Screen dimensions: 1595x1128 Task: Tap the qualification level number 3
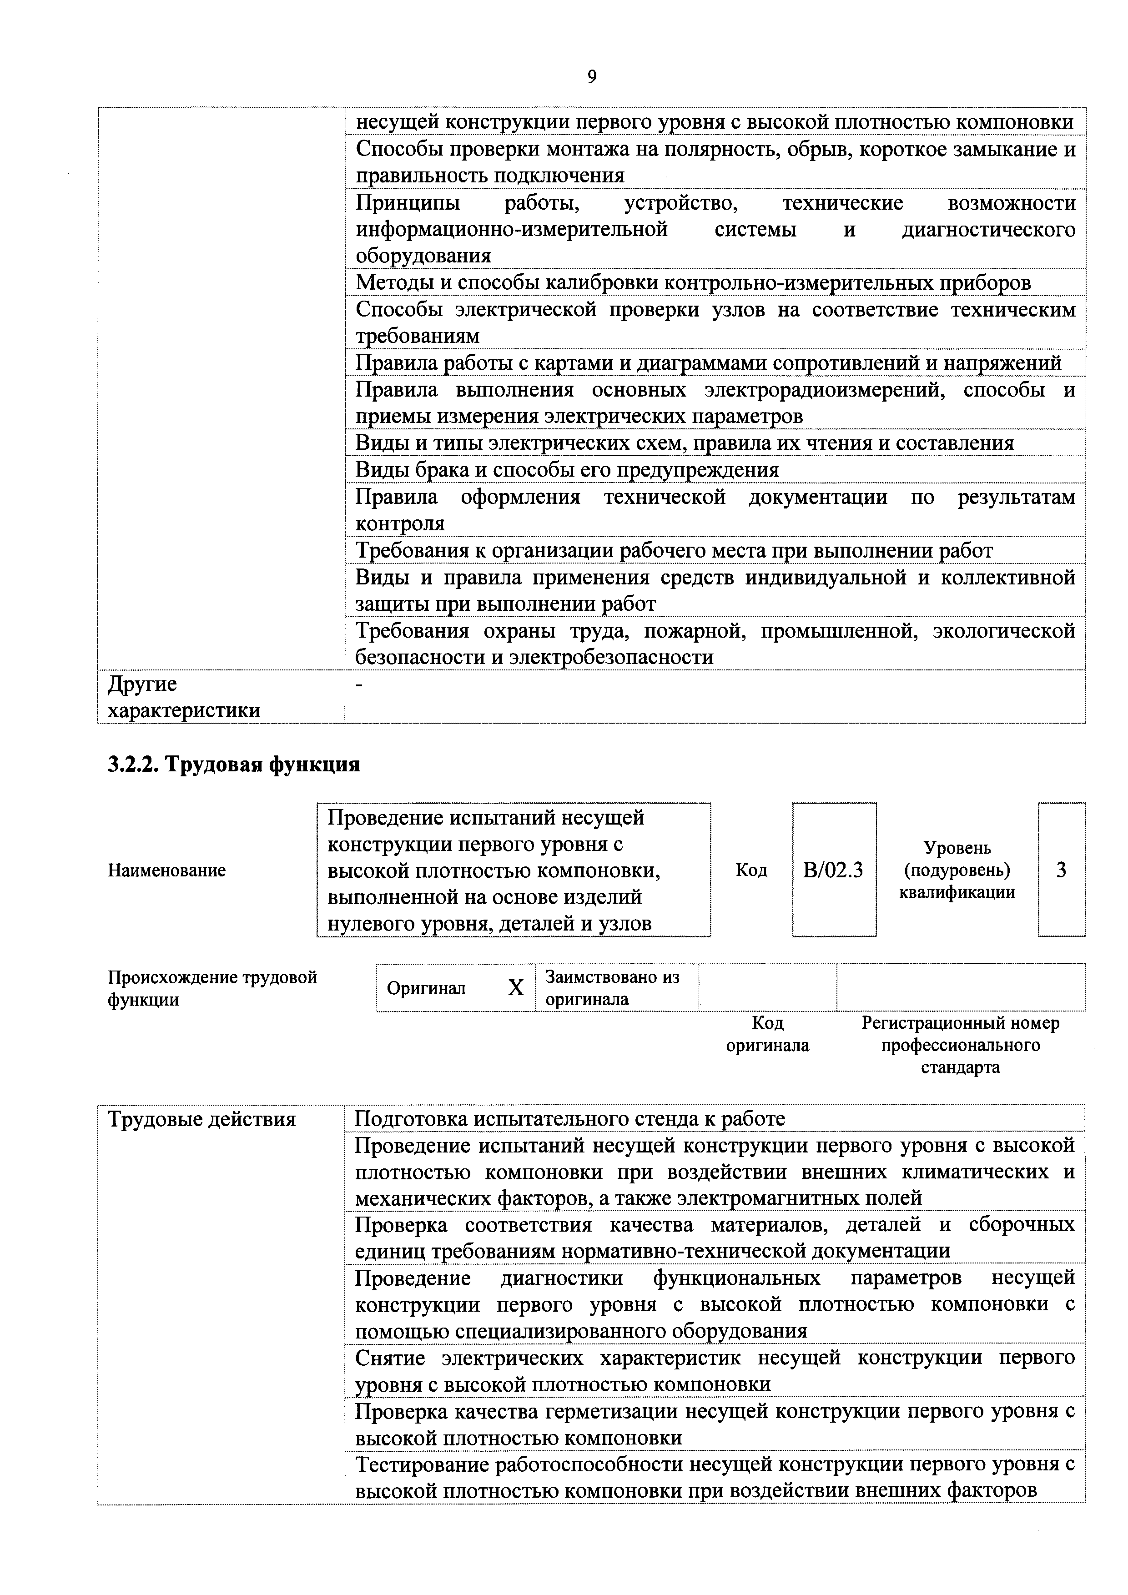coord(1061,870)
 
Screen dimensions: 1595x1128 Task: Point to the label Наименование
coord(167,870)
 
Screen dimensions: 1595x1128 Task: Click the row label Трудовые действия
coord(201,1119)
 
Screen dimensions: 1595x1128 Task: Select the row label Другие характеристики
coord(184,697)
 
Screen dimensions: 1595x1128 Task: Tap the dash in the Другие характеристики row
coord(359,685)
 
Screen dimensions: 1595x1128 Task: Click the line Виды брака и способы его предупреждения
coord(567,470)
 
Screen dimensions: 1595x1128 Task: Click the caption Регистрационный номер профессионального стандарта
coord(961,1045)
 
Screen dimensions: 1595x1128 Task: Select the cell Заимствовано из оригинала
coord(612,988)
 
